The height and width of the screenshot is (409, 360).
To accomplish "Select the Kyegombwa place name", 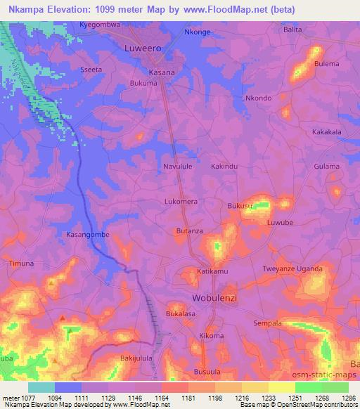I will point(100,24).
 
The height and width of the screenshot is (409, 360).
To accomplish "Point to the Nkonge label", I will point(197,32).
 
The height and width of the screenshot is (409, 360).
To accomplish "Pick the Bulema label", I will point(326,64).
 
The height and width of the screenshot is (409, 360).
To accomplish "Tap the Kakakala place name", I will point(326,131).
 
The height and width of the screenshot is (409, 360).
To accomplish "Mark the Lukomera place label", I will point(181,200).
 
